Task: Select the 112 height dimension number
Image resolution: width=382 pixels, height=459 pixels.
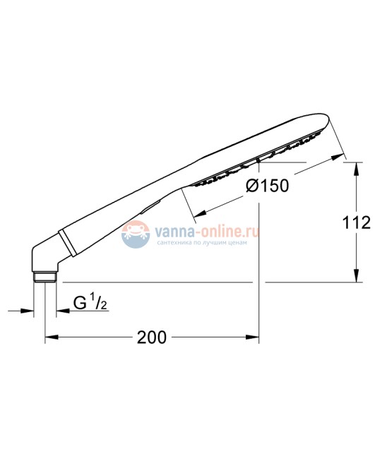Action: [356, 223]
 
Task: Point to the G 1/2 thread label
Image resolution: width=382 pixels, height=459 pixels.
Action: [90, 303]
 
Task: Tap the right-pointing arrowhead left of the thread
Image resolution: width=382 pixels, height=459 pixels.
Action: [30, 310]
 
